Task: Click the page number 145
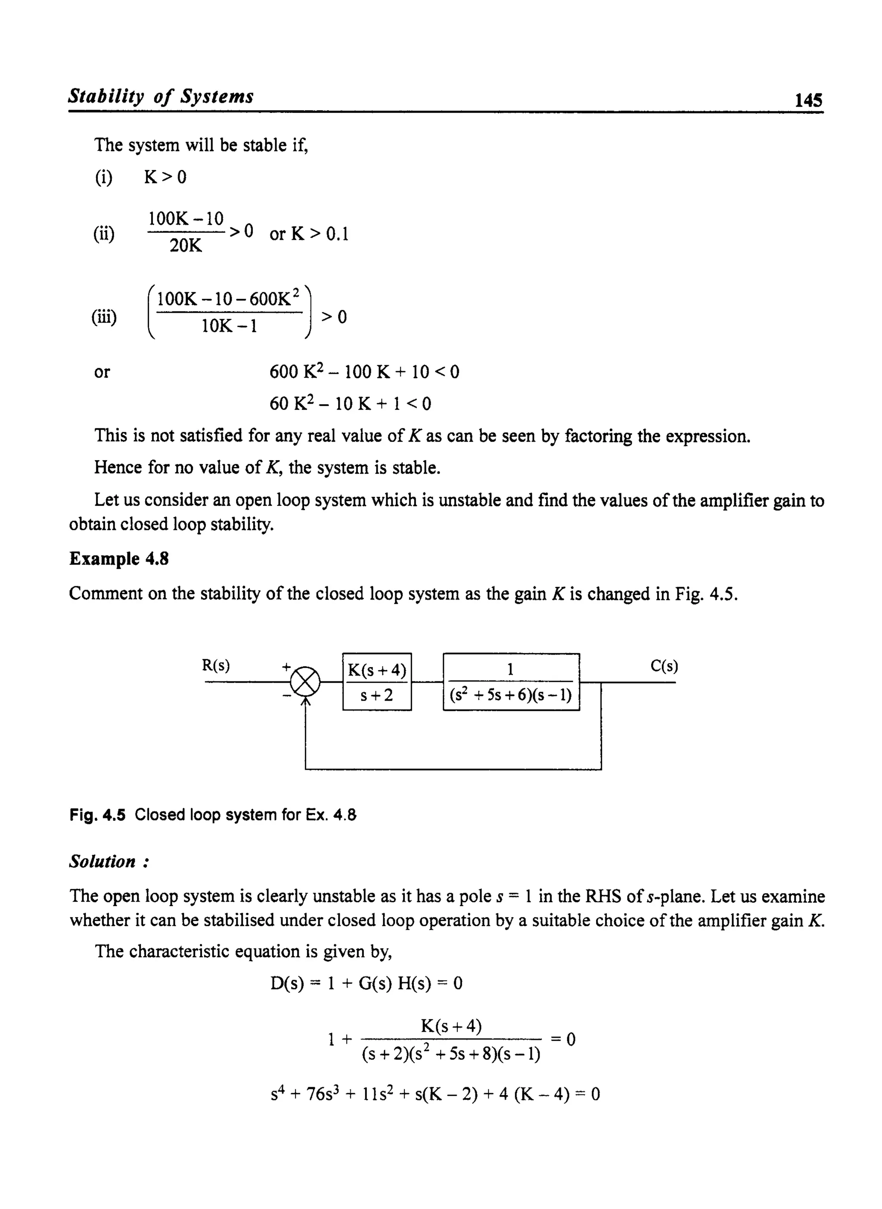808,100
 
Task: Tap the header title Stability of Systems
161,96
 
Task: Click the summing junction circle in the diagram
305,682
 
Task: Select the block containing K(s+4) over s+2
377,682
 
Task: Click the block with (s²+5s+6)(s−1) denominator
511,682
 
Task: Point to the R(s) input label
216,665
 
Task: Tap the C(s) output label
664,666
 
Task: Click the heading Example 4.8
119,559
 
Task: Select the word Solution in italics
102,861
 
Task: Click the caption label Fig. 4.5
97,815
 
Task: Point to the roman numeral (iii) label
104,317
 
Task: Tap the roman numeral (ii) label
104,234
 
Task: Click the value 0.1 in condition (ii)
337,234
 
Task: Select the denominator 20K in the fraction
185,246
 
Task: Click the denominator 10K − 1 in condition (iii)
229,326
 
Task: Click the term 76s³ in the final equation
320,1094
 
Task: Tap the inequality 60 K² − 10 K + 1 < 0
350,403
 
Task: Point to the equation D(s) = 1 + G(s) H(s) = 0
366,983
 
